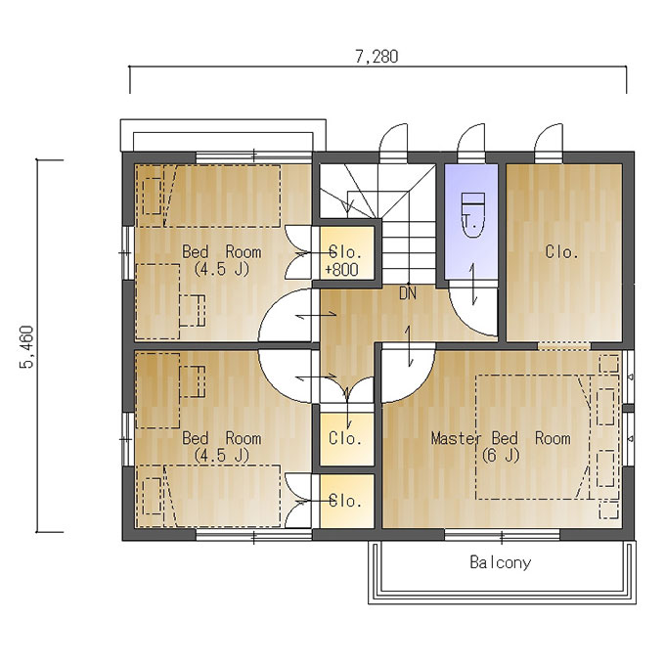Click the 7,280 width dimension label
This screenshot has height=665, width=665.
377,57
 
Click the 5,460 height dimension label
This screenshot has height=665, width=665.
26,347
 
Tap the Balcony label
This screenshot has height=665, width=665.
500,562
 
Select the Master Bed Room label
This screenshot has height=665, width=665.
501,438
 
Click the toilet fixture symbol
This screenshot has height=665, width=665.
472,215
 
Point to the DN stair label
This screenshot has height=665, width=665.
408,293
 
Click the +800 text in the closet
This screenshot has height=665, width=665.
342,270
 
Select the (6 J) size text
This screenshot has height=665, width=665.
501,456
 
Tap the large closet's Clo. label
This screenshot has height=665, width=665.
562,252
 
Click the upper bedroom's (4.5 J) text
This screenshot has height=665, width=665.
221,269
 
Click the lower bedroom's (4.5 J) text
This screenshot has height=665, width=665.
221,456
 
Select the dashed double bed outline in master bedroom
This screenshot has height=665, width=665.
533,437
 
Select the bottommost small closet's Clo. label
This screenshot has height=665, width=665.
345,502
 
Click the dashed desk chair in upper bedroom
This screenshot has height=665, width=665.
192,310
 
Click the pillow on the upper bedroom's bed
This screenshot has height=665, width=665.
152,196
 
